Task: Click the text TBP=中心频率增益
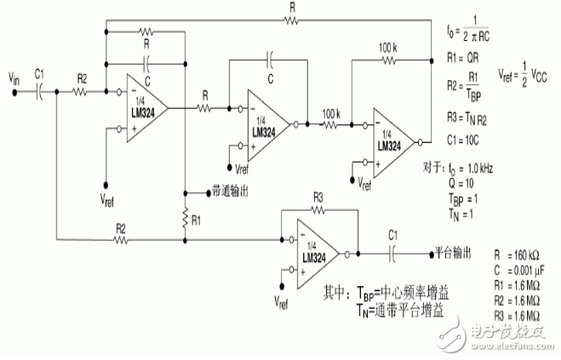pyautogui.click(x=386, y=290)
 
